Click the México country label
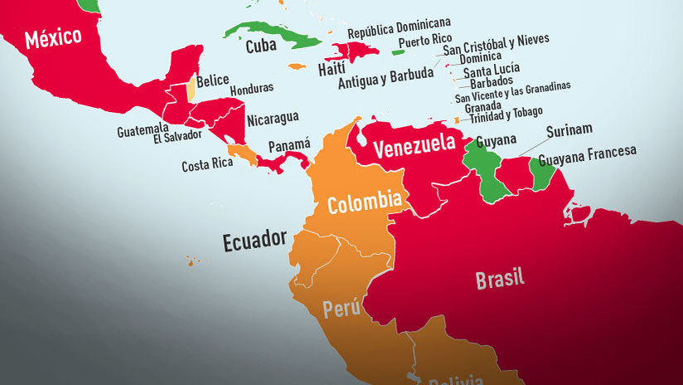click(x=53, y=38)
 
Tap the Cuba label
click(x=261, y=46)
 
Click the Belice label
click(x=212, y=81)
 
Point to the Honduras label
click(x=251, y=90)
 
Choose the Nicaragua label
click(x=273, y=118)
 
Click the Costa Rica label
click(x=207, y=165)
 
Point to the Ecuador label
click(x=254, y=241)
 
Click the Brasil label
click(x=500, y=279)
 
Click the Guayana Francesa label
click(x=588, y=153)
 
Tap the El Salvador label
click(x=178, y=139)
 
